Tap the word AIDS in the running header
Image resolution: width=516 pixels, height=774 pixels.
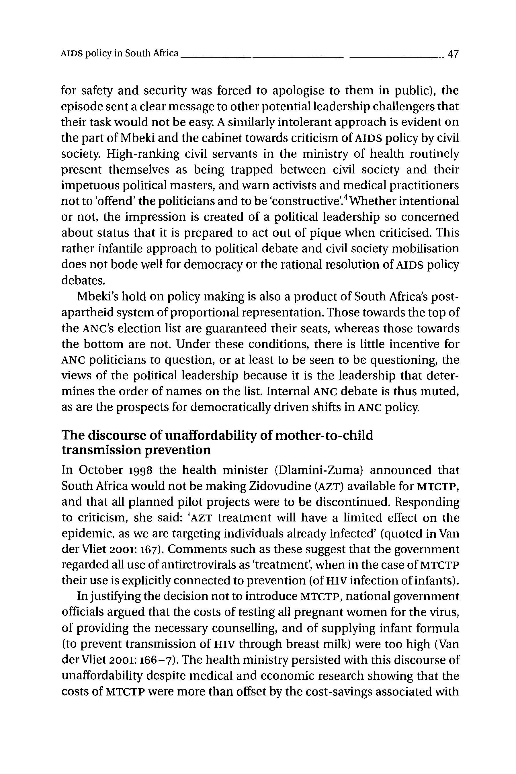click(71, 53)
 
